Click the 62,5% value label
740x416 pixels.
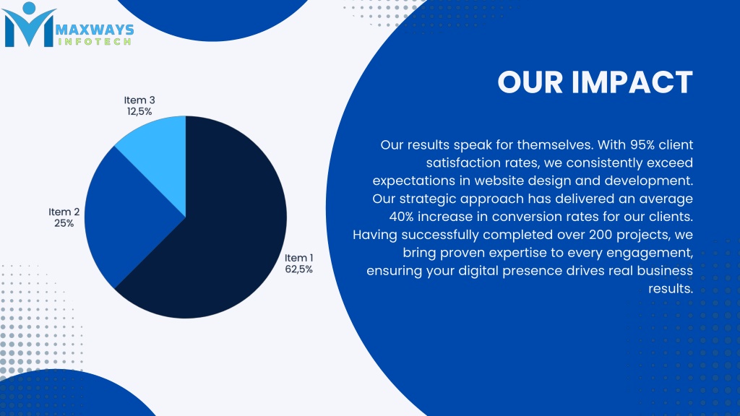(x=298, y=269)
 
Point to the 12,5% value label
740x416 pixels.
(x=139, y=111)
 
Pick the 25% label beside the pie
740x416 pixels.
(x=64, y=223)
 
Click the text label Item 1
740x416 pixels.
(x=298, y=258)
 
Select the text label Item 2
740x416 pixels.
(x=64, y=212)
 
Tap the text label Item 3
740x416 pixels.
(x=139, y=100)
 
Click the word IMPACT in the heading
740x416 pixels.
(x=632, y=82)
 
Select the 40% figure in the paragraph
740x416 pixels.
(x=400, y=217)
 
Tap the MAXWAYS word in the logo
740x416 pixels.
(x=95, y=30)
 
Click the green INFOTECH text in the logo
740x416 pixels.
(x=95, y=41)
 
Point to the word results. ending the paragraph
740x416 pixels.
(x=671, y=289)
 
